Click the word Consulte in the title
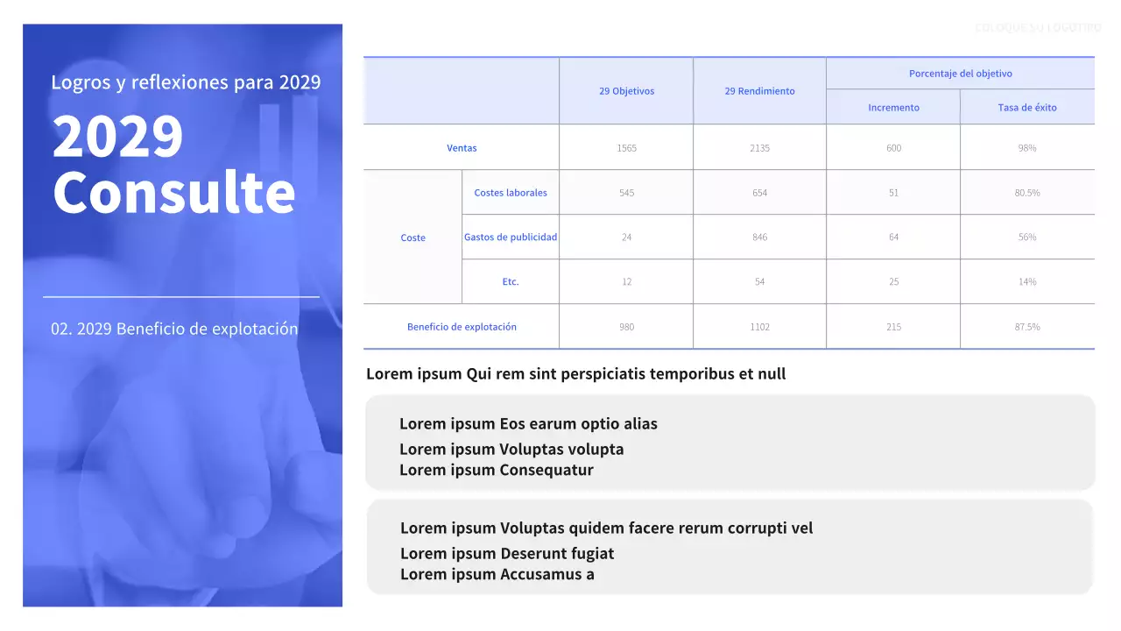coord(174,192)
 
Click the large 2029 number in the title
coord(118,137)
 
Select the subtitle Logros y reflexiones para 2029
coord(186,82)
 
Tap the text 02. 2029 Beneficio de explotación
coord(174,329)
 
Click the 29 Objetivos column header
coord(626,91)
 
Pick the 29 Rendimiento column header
coord(759,91)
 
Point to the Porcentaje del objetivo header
coord(960,74)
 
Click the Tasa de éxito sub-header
coord(1026,108)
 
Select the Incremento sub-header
coord(893,108)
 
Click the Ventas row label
coord(462,148)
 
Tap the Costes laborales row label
coord(511,193)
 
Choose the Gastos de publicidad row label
coord(511,238)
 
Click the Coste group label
coord(412,238)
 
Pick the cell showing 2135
coord(759,148)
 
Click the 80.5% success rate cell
coord(1026,193)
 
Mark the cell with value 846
coord(759,238)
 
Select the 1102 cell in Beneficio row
coord(759,327)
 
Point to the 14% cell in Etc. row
coord(1026,282)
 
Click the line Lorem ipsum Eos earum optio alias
coord(528,424)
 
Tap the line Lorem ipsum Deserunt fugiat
coord(507,554)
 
